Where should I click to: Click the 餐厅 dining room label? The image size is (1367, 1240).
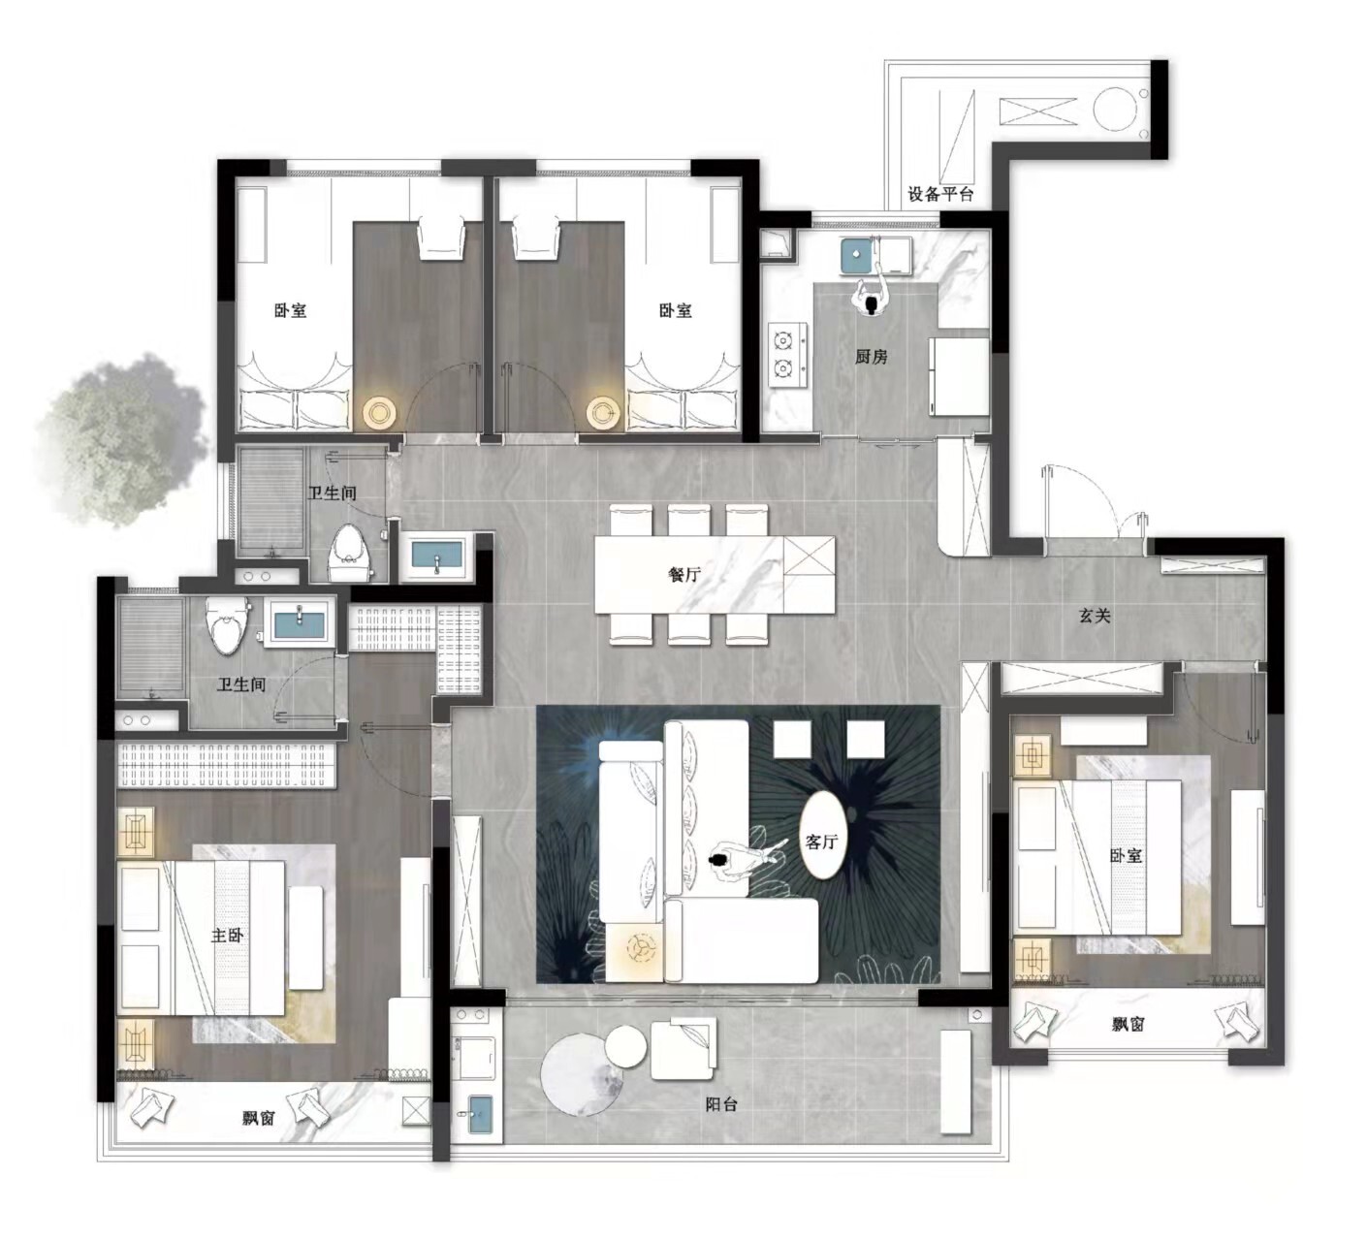click(684, 575)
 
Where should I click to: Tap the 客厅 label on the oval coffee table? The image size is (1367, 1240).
click(821, 842)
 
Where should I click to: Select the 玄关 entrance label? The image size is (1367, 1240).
click(1095, 616)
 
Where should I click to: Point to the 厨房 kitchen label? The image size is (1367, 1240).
click(872, 357)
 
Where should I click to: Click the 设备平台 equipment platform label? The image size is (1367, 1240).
click(940, 194)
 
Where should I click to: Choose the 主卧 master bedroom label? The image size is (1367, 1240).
click(227, 936)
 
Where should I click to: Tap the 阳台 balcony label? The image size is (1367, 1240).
click(721, 1103)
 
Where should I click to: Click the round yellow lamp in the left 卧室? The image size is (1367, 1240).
click(380, 412)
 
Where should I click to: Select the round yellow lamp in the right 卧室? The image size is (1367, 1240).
click(604, 413)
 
